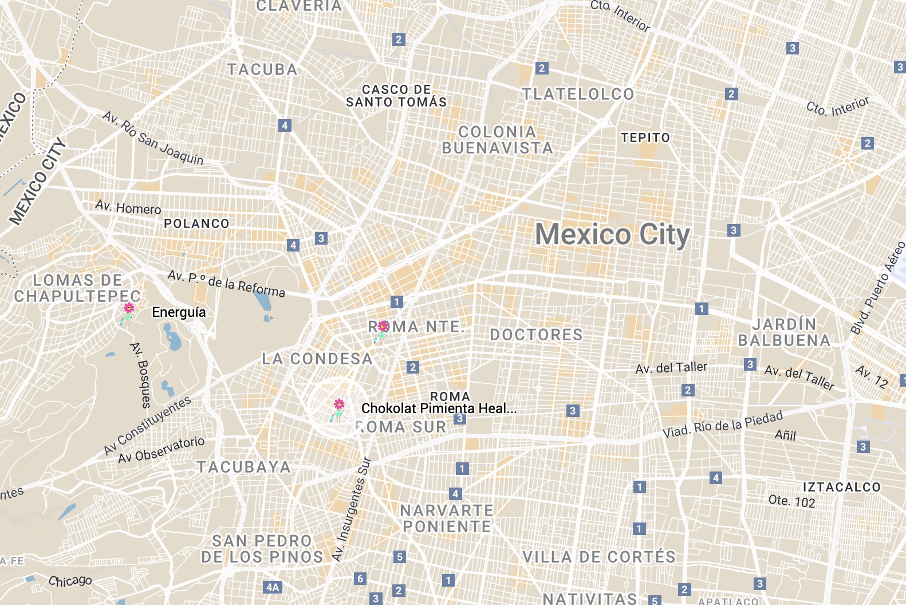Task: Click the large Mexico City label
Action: click(x=612, y=235)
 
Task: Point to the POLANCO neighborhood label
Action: click(x=196, y=223)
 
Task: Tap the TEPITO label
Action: click(x=645, y=137)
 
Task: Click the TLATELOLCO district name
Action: click(x=578, y=94)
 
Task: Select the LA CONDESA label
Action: click(x=317, y=359)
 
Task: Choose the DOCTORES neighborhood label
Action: click(x=536, y=335)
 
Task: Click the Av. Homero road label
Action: click(x=128, y=207)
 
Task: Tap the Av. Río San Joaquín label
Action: click(x=153, y=138)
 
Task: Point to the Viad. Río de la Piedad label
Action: click(x=722, y=425)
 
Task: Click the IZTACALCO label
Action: click(x=841, y=487)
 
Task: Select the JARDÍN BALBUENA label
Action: click(x=784, y=332)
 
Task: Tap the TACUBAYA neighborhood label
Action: click(x=244, y=467)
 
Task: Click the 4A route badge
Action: click(x=273, y=587)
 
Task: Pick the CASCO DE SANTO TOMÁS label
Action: click(x=396, y=96)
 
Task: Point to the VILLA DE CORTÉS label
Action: click(x=599, y=556)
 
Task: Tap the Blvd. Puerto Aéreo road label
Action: click(x=877, y=288)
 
